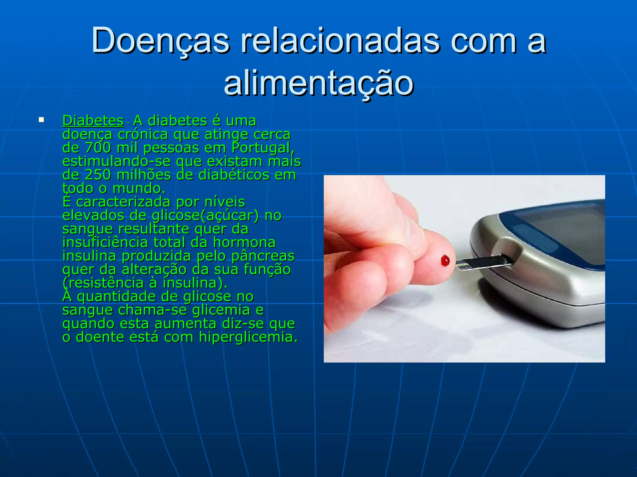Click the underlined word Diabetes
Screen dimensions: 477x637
pos(93,121)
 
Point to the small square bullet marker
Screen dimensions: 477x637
pos(41,120)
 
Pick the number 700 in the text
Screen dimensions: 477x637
pos(98,148)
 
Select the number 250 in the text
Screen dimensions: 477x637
pos(98,175)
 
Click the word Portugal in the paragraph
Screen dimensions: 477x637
pos(263,148)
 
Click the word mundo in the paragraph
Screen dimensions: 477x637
pos(139,189)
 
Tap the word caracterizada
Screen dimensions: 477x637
pos(123,202)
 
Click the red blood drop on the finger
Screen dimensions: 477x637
pos(445,261)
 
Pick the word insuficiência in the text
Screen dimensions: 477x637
pos(105,243)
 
